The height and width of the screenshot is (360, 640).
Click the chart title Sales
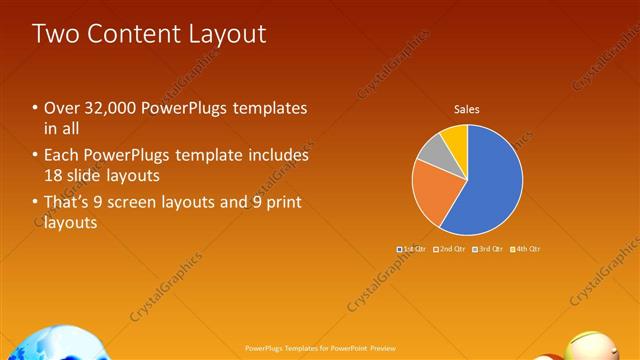point(467,108)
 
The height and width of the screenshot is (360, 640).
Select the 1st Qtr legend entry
point(410,248)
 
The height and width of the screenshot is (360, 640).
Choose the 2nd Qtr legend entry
point(448,248)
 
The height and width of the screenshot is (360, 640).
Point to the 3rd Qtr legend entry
point(487,248)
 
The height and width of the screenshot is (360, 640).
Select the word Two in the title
point(53,33)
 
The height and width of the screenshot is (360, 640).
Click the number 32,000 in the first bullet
point(108,107)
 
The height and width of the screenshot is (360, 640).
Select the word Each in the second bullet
point(61,155)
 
